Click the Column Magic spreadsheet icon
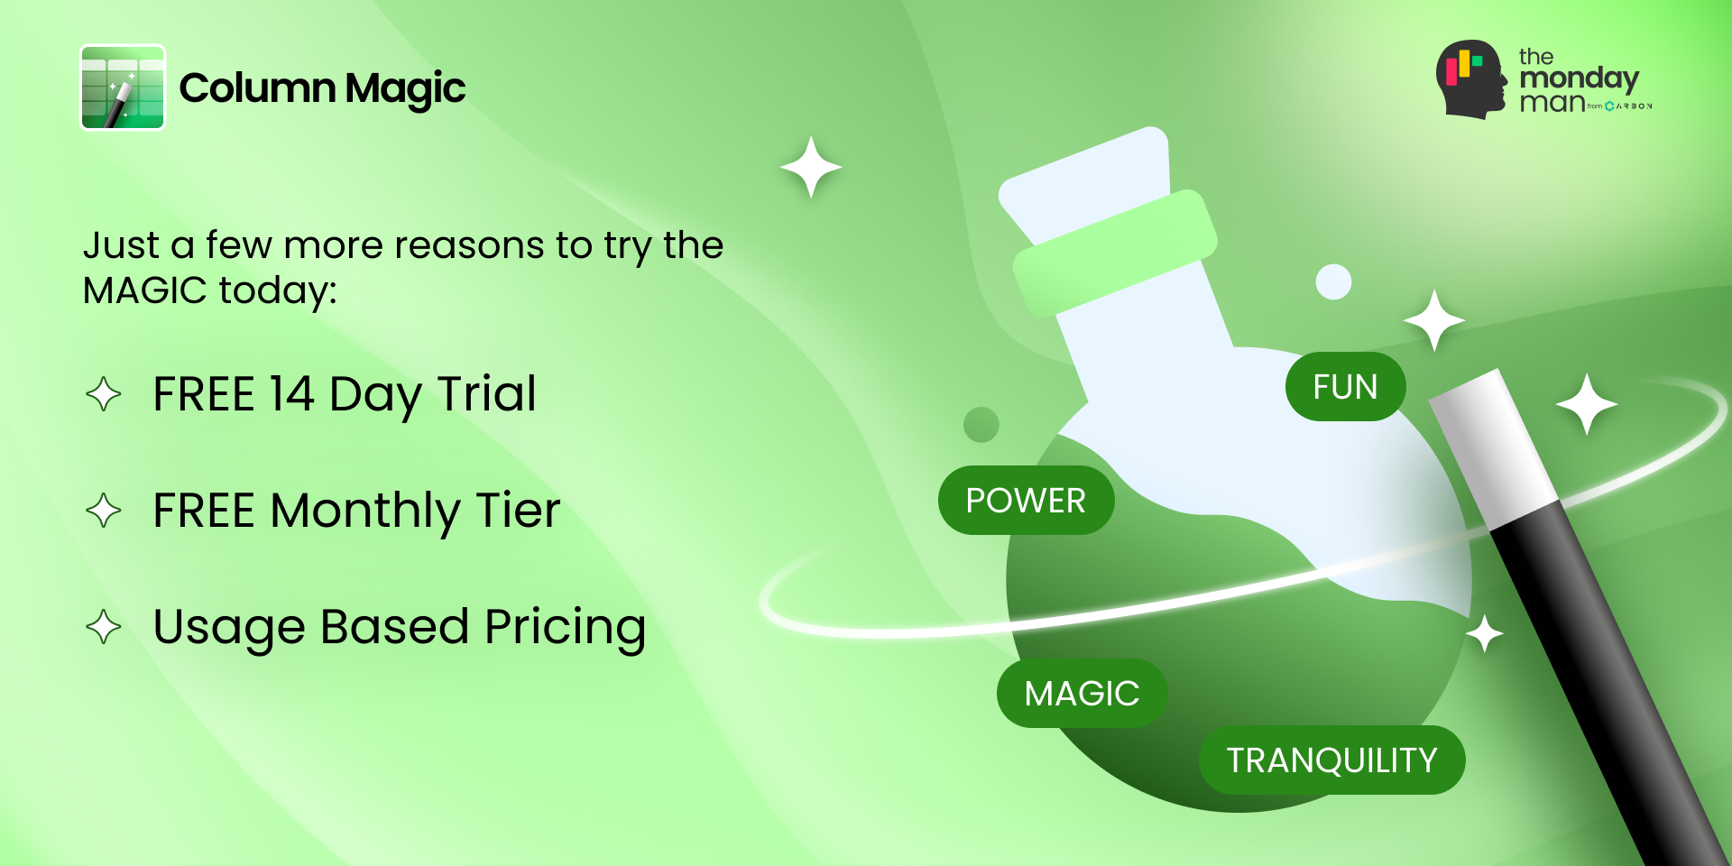123,88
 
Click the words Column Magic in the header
322,88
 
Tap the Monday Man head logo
1471,79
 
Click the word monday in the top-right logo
1579,78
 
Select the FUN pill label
1345,387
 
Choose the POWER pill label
1026,501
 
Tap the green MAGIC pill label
1082,694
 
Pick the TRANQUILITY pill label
1331,760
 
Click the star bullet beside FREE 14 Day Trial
104,394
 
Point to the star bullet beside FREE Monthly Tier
104,511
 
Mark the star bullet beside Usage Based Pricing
104,627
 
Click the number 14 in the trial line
290,394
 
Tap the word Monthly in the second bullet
365,511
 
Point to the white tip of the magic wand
1488,442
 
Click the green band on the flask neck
1115,253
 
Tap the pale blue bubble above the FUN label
1333,281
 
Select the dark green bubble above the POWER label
981,425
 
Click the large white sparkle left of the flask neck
811,167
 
